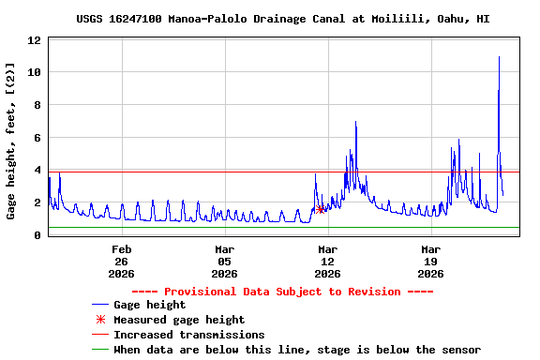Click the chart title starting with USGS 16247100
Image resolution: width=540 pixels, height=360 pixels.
click(269, 18)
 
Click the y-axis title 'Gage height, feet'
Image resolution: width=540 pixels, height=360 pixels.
click(11, 141)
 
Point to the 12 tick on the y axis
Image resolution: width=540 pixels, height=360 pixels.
click(33, 40)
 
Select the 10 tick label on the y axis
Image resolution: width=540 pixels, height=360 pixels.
click(33, 73)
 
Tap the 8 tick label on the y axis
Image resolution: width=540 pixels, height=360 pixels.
click(37, 105)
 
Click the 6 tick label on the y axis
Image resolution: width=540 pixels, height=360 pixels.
click(37, 138)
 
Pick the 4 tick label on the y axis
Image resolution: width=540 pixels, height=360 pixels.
click(37, 171)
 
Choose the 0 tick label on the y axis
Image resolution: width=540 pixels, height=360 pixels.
click(37, 235)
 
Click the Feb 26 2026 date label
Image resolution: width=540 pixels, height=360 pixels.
click(122, 262)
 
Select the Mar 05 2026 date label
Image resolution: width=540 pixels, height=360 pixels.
click(224, 262)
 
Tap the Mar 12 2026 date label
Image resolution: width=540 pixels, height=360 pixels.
click(327, 262)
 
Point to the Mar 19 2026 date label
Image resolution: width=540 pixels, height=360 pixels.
click(430, 262)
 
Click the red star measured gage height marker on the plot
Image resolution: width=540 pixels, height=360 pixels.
click(321, 209)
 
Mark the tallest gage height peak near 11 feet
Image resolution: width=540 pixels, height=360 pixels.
click(499, 57)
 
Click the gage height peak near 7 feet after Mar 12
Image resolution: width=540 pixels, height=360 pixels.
click(355, 123)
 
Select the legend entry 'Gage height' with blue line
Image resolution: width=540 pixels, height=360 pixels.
click(149, 305)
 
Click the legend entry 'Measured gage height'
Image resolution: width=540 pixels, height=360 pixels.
click(178, 320)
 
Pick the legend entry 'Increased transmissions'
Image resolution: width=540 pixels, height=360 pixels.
click(188, 335)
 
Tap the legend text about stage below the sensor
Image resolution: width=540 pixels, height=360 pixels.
click(296, 350)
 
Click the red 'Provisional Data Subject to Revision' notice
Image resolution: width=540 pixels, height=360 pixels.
click(296, 291)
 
